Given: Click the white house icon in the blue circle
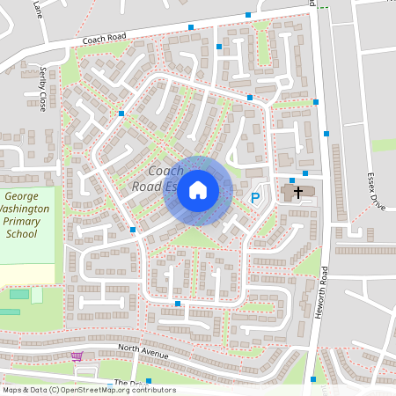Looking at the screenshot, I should click(198, 189).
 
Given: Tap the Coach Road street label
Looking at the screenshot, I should click(105, 40).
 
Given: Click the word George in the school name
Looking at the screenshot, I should click(21, 196).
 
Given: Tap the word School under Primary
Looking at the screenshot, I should click(21, 235).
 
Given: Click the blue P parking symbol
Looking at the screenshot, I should click(256, 199).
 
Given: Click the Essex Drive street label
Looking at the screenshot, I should click(371, 188).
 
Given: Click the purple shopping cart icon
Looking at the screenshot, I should click(77, 357).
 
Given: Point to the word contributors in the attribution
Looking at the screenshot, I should click(153, 390).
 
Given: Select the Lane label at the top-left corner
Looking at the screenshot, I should click(38, 9).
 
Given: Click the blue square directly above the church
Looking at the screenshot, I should click(292, 180).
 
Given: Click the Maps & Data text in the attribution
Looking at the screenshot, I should click(24, 390).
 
